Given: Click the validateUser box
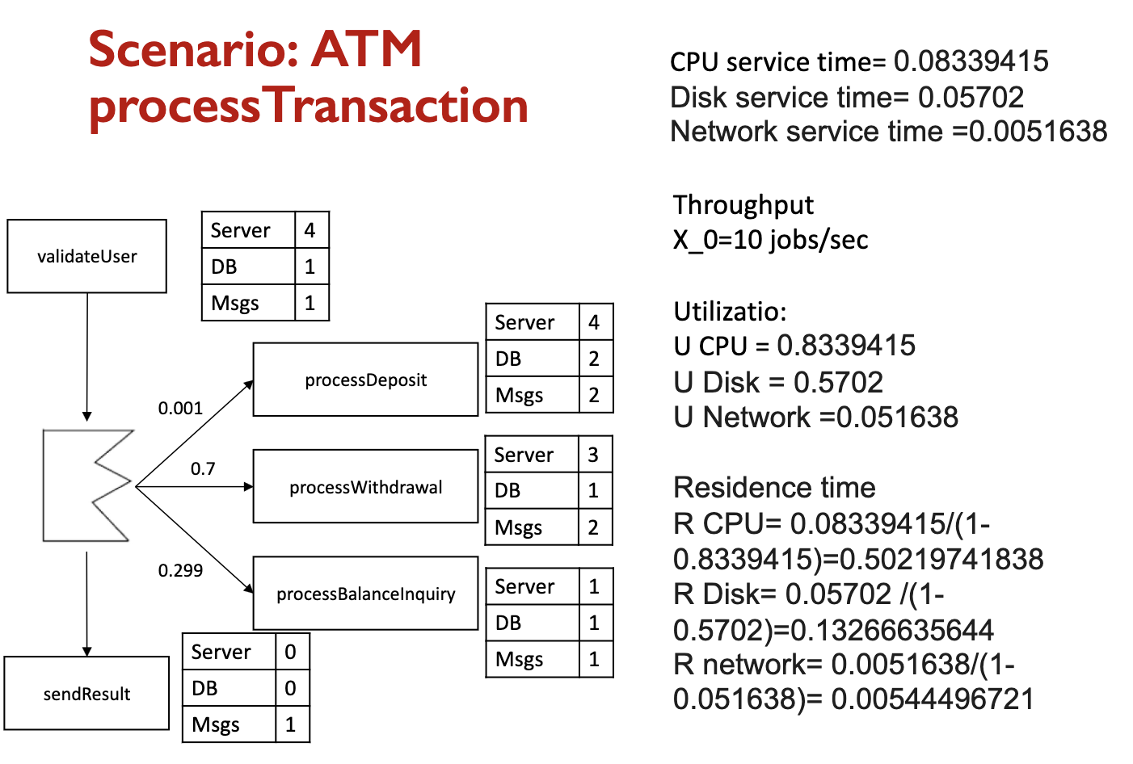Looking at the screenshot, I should click(x=87, y=256).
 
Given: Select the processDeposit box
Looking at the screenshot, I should click(x=365, y=380).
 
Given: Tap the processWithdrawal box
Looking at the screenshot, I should click(x=365, y=487).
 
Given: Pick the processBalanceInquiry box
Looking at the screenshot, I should click(x=365, y=594).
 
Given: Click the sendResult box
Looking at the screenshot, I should click(x=86, y=694).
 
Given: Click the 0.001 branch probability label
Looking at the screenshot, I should click(x=180, y=409).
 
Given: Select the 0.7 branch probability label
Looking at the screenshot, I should click(x=203, y=469).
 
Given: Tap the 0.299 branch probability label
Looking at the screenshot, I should click(x=180, y=571).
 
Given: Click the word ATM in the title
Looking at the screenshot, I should click(x=367, y=49).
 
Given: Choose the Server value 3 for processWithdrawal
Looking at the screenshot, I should click(x=593, y=455).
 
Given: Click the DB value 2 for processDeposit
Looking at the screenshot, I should click(x=594, y=359).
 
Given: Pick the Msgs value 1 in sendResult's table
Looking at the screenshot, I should click(x=291, y=724).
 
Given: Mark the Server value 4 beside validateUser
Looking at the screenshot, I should click(x=310, y=230).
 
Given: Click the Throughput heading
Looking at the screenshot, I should click(x=743, y=205).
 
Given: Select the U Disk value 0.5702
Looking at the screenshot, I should click(x=838, y=382).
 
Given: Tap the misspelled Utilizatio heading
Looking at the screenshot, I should click(x=730, y=312).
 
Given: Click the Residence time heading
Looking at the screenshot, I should click(x=774, y=488).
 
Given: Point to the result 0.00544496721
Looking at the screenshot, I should click(x=933, y=699).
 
